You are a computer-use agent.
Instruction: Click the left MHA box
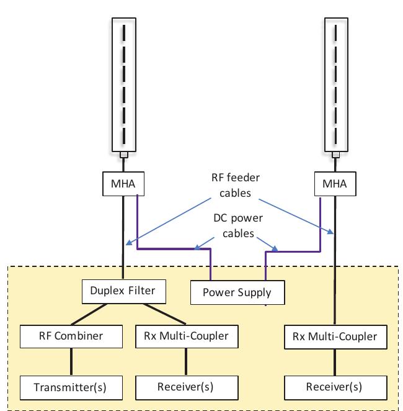(124, 184)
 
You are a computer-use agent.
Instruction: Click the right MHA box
(335, 184)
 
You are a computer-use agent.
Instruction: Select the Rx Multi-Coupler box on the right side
(334, 337)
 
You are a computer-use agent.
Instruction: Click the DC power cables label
(237, 226)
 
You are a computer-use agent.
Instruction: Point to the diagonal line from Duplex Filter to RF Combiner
(93, 312)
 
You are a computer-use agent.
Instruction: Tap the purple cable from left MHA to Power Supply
(174, 250)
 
